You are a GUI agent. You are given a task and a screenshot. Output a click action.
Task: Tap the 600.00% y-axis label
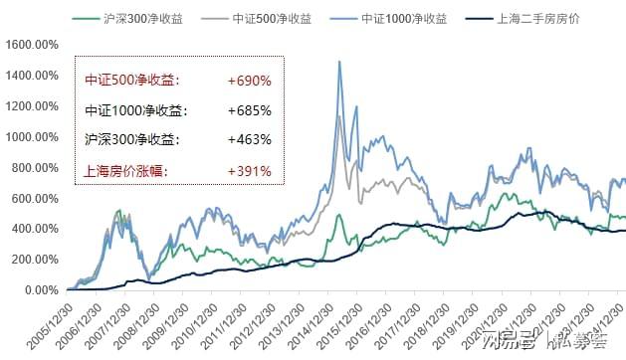[34, 199]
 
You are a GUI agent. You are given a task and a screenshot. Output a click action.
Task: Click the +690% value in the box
[248, 80]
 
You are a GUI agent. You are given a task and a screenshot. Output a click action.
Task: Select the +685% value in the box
[248, 110]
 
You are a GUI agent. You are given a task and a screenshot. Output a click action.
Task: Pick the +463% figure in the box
[248, 140]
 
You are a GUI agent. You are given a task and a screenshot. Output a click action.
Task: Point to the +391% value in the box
[248, 171]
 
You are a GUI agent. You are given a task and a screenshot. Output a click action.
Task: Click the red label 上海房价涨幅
[125, 171]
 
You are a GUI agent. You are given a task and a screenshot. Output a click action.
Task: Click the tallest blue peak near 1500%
[340, 62]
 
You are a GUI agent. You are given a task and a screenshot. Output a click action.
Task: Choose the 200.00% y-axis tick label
[34, 260]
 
